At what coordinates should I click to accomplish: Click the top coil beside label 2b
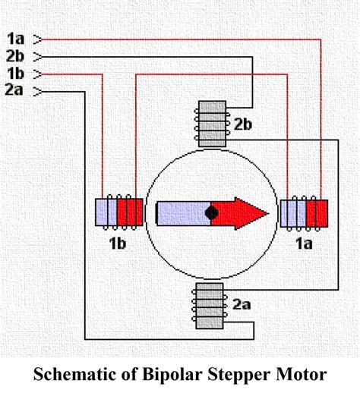point(212,124)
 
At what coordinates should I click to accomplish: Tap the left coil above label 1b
point(118,213)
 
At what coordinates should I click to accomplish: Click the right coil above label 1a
point(304,213)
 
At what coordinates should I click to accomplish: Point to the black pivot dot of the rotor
point(212,213)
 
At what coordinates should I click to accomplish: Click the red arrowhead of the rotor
point(247,213)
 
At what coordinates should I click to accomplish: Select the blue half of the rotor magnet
point(182,213)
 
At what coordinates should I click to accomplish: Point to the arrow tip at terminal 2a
point(39,91)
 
